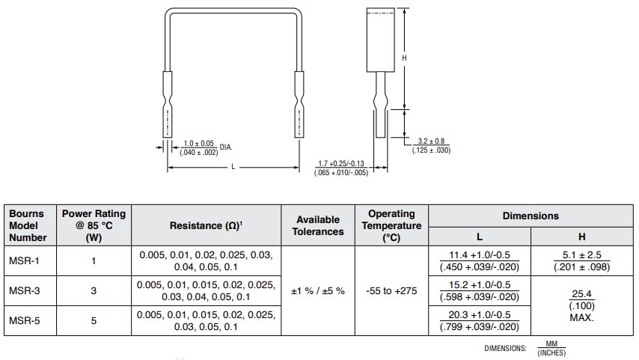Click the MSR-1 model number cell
point(25,260)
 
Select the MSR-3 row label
point(25,290)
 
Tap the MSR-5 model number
point(25,320)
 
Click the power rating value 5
point(94,320)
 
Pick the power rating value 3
point(94,290)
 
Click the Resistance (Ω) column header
point(206,225)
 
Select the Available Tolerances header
point(319,225)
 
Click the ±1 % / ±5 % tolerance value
point(319,290)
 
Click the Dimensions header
point(530,216)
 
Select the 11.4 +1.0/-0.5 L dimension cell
point(479,260)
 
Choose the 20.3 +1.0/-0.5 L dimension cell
point(479,320)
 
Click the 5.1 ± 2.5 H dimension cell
point(581,260)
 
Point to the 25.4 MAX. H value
point(581,305)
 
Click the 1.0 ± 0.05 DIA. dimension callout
point(199,147)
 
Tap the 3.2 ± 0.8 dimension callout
point(431,145)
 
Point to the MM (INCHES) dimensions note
point(551,349)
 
